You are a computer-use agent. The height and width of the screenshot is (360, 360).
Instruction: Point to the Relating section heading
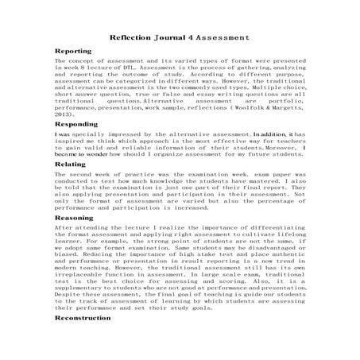click(71, 162)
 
